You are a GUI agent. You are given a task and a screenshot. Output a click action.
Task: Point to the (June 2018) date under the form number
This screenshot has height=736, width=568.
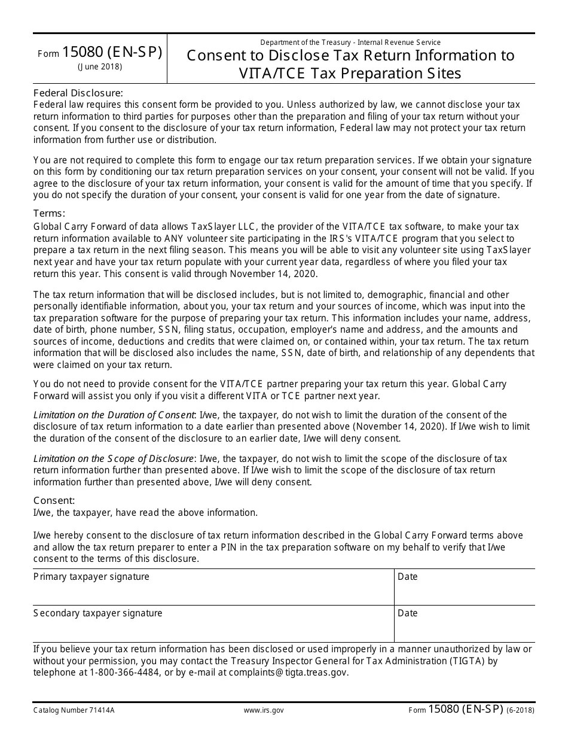point(100,67)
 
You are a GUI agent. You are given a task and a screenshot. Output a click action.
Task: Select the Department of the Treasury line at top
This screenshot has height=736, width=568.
point(350,42)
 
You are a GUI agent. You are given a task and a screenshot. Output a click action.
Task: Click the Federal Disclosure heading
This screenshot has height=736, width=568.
point(78,93)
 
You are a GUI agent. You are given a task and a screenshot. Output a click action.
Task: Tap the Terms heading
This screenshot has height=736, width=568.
point(49,214)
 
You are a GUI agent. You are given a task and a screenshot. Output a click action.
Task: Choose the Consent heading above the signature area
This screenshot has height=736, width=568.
point(54,500)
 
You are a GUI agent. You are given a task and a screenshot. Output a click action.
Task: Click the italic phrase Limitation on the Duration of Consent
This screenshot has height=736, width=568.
point(114,415)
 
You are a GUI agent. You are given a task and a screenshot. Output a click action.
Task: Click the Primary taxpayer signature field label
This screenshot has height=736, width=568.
point(91,577)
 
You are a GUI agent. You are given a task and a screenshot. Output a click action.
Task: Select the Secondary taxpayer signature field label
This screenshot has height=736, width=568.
point(98,613)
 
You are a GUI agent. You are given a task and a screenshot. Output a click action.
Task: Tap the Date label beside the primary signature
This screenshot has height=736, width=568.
point(408,577)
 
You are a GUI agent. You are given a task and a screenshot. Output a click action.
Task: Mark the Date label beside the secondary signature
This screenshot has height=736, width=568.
point(408,613)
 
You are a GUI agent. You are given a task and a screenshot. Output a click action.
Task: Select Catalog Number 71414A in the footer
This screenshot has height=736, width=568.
point(74,710)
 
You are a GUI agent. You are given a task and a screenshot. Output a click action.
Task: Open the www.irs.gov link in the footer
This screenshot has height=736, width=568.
point(264,710)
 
